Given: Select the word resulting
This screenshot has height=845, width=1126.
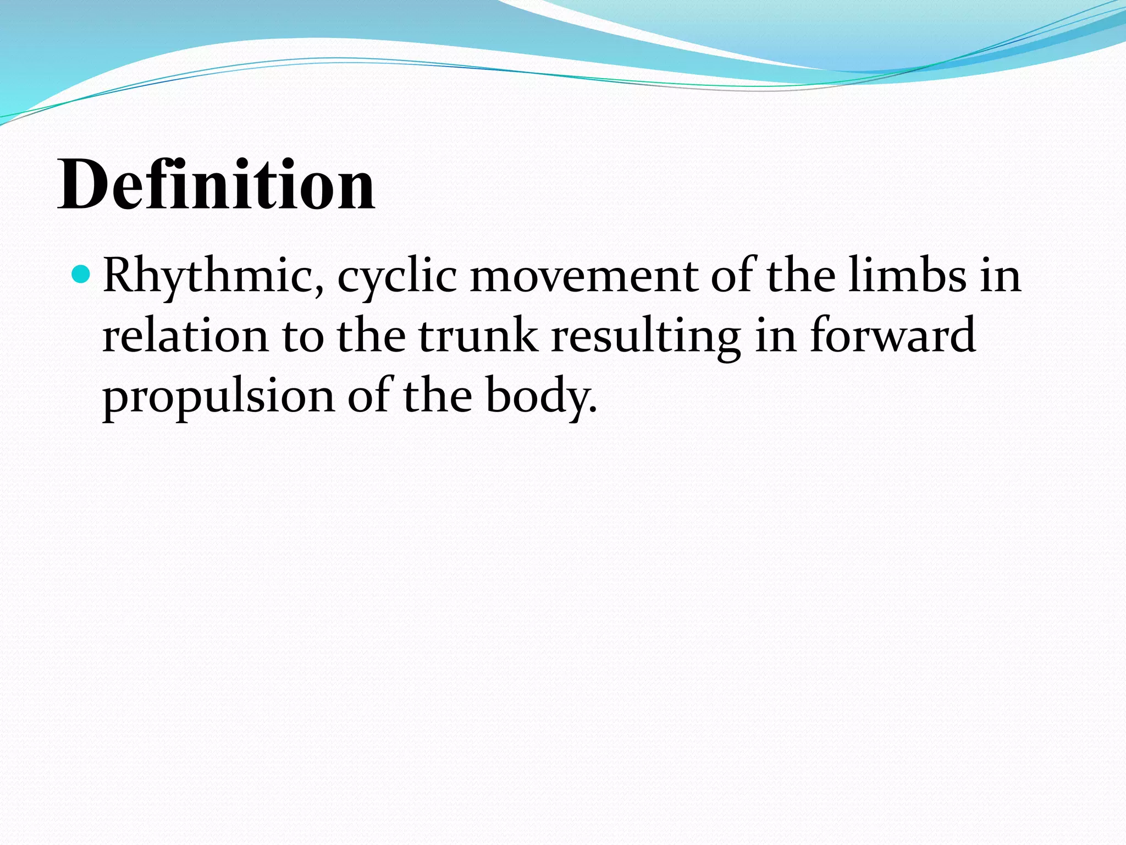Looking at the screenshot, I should point(646,337).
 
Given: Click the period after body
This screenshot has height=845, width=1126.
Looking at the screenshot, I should point(592,410).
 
